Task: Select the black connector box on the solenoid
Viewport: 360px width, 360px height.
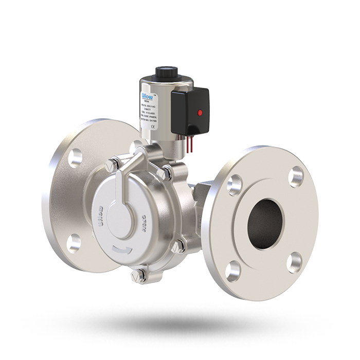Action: (190, 109)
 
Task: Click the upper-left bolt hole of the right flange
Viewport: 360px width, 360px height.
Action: (235, 182)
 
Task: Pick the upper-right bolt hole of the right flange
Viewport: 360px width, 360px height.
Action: (295, 176)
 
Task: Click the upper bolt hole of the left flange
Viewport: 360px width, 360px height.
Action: (76, 157)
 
